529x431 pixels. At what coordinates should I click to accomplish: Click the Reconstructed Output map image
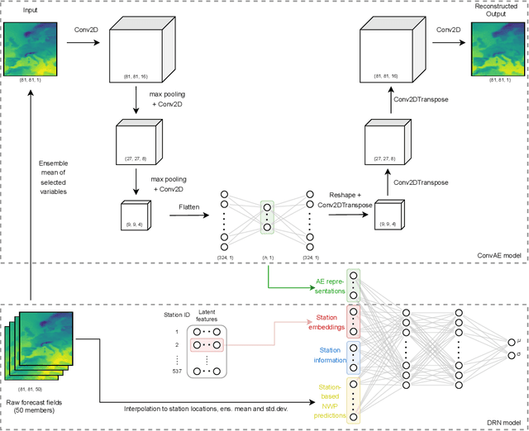498,49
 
